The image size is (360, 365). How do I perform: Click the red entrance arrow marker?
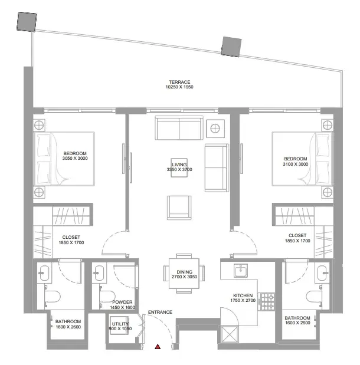158,347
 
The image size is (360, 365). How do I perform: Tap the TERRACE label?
179,82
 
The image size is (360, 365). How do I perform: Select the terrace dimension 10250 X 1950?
179,87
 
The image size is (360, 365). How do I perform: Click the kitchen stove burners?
268,302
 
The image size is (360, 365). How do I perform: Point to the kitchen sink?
241,270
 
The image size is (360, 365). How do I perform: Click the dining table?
184,273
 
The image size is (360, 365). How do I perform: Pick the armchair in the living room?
179,208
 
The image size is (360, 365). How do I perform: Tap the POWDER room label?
122,302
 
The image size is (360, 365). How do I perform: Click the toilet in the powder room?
107,297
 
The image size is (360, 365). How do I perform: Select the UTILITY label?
120,324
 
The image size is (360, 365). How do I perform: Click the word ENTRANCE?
160,312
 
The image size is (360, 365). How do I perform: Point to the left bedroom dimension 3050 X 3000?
75,158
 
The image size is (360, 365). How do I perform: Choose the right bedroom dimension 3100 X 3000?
296,164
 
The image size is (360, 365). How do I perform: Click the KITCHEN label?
243,295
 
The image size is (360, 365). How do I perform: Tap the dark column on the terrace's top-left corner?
27,22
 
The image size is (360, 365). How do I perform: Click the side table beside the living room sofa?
215,129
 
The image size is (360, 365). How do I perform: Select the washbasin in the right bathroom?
322,273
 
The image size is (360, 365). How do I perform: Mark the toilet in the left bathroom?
53,297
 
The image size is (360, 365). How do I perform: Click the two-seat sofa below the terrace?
179,128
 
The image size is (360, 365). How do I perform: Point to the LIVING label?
179,165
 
